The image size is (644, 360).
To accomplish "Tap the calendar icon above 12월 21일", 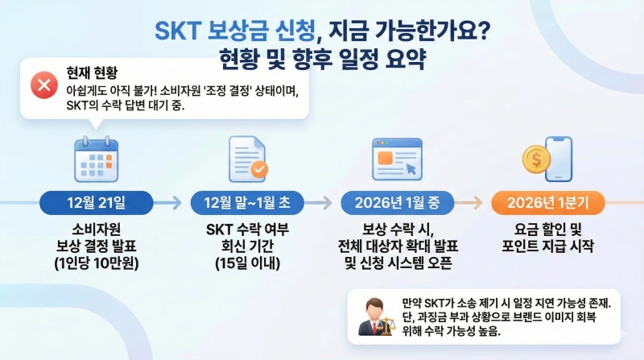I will pyautogui.click(x=96, y=159).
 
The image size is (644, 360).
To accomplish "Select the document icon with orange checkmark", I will pyautogui.click(x=248, y=159).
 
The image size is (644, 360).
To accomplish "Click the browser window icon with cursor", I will pyautogui.click(x=397, y=159).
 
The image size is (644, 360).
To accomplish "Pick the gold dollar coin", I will pyautogui.click(x=535, y=160).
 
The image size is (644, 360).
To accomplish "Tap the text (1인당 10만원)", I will pyautogui.click(x=96, y=262).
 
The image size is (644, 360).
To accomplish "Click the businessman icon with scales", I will pyautogui.click(x=374, y=317).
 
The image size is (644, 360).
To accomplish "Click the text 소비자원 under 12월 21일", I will pyautogui.click(x=96, y=228).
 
